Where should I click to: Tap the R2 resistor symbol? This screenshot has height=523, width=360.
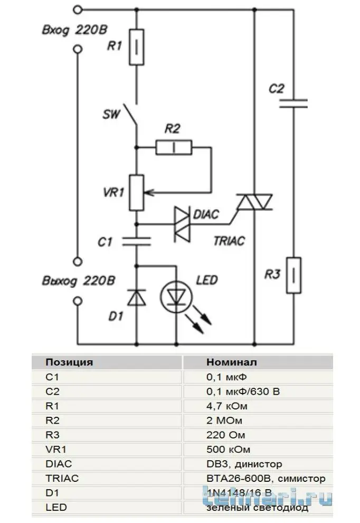click(x=174, y=147)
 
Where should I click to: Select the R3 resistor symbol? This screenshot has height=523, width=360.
click(x=293, y=275)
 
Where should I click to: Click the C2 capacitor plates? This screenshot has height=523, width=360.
click(x=293, y=104)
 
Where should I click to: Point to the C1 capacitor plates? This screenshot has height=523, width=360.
click(x=137, y=241)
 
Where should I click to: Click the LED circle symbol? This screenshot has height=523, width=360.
click(x=176, y=297)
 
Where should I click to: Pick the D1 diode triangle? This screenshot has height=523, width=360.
click(x=137, y=297)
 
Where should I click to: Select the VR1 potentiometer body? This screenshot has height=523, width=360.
click(x=137, y=193)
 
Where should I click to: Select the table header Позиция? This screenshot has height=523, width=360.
click(x=69, y=362)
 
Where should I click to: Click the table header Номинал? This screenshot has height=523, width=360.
click(x=232, y=362)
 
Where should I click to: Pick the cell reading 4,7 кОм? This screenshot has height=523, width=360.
click(x=227, y=406)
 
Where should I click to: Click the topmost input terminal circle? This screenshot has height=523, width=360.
click(x=78, y=10)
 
